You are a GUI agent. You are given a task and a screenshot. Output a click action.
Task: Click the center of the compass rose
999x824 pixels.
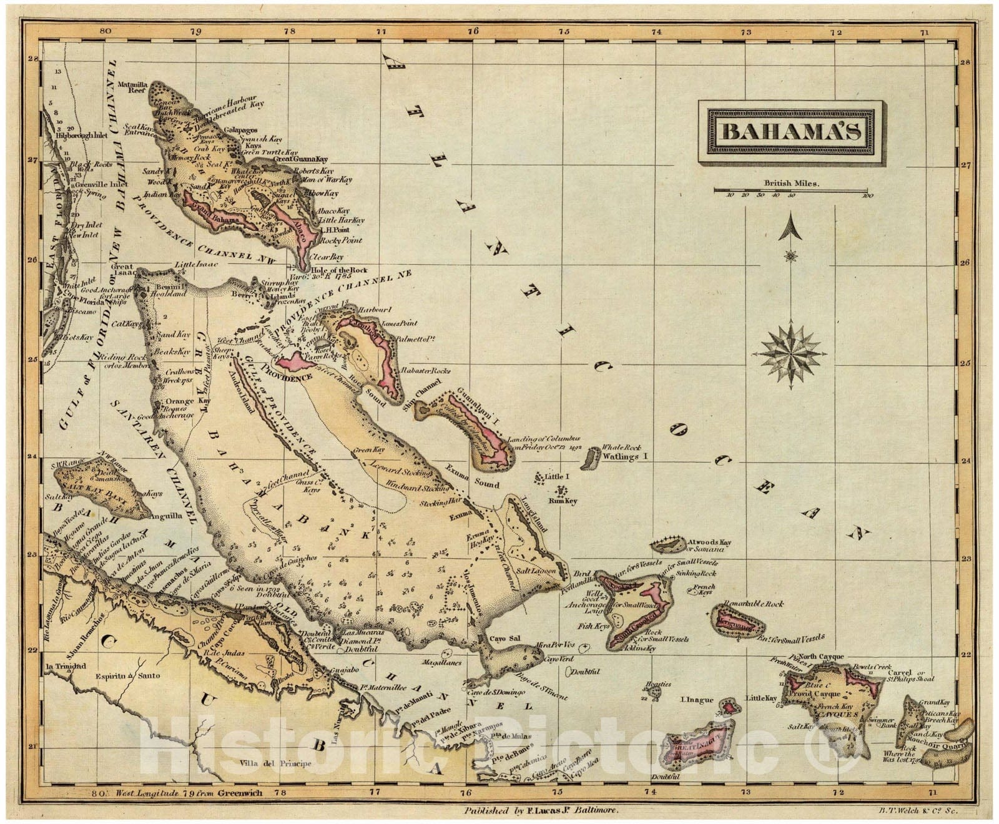click(792, 355)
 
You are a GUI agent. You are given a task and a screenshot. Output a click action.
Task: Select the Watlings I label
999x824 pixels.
click(626, 457)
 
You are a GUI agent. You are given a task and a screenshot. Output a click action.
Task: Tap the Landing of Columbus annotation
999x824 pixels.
click(543, 443)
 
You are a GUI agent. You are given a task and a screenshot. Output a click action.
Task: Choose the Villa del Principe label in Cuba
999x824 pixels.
click(275, 763)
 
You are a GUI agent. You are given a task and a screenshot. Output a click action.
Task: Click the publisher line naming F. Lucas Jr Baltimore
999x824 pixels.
click(541, 810)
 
